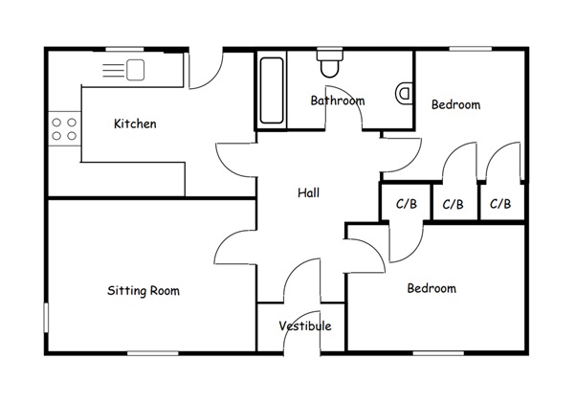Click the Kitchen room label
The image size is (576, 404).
pos(135,123)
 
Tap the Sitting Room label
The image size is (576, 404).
pos(144,290)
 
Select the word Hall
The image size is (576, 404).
pos(308,192)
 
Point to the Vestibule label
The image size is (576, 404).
pos(305,325)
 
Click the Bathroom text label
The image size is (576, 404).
pos(338,101)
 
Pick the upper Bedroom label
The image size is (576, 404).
pos(454,104)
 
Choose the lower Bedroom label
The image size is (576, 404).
pos(432,288)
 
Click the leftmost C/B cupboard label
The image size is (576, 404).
pos(406,204)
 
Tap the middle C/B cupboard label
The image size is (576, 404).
pos(454,204)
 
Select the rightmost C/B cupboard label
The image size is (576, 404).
pos(500,204)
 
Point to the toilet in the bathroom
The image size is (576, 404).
pos(330,62)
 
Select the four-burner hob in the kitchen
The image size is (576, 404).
pos(64,128)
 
